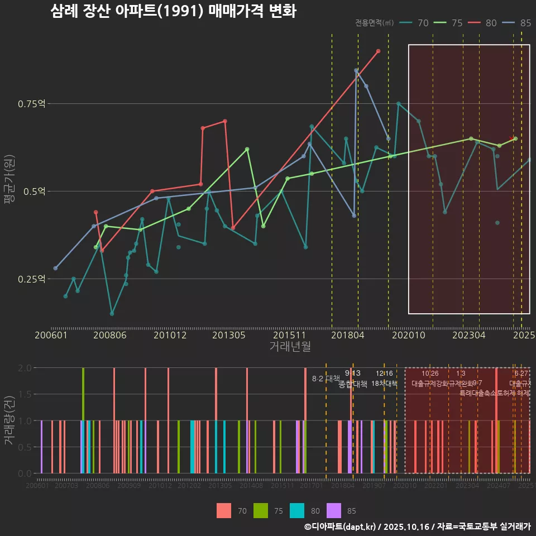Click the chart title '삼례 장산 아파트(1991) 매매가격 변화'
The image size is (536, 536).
point(173,11)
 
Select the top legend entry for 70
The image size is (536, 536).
point(415,23)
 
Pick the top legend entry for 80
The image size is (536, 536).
point(484,23)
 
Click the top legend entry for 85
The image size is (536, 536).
point(518,23)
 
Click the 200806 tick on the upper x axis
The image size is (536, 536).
point(111,336)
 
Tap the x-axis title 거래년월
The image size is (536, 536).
point(290,346)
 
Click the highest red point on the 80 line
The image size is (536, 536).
point(379,51)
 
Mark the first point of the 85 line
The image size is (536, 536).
point(55,268)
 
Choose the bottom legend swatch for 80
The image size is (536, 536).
point(297,510)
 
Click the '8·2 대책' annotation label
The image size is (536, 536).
point(326,379)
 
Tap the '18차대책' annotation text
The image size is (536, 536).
point(384,384)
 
